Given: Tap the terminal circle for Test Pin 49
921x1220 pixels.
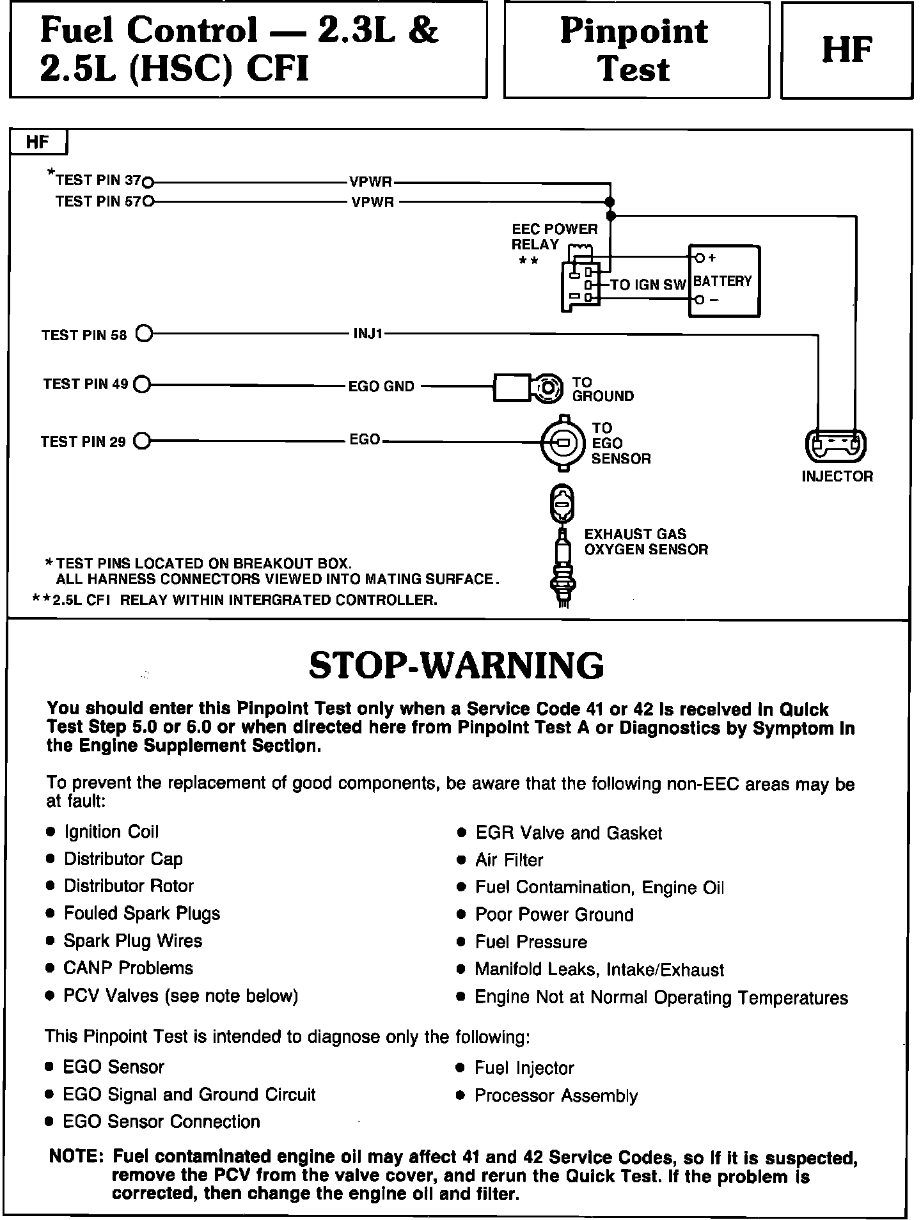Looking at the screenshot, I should pyautogui.click(x=142, y=384).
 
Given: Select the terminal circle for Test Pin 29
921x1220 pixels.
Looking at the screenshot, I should pyautogui.click(x=142, y=441).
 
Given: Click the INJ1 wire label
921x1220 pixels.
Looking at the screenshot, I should pyautogui.click(x=368, y=334).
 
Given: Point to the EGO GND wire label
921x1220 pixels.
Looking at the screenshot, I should pyautogui.click(x=381, y=386).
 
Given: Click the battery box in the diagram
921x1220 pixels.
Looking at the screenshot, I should pyautogui.click(x=724, y=281).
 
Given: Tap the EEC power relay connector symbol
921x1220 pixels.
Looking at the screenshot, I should pyautogui.click(x=581, y=285).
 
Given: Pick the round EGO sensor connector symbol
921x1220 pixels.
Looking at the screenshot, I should pyautogui.click(x=563, y=442).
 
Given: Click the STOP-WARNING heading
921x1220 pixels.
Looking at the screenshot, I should pyautogui.click(x=456, y=666).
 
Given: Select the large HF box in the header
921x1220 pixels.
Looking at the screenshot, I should pyautogui.click(x=847, y=50).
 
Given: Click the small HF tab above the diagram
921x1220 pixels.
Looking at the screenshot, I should pyautogui.click(x=38, y=142).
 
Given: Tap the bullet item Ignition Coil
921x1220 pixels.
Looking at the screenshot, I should pyautogui.click(x=111, y=832).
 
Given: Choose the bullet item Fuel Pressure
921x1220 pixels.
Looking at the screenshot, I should pyautogui.click(x=531, y=942).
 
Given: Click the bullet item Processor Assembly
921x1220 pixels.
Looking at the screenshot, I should pyautogui.click(x=556, y=1095).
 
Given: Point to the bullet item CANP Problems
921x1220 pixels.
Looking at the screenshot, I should pyautogui.click(x=128, y=968).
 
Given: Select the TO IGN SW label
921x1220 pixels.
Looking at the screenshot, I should pyautogui.click(x=648, y=285).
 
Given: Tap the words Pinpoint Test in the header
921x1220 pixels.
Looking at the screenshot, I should pyautogui.click(x=635, y=50).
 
